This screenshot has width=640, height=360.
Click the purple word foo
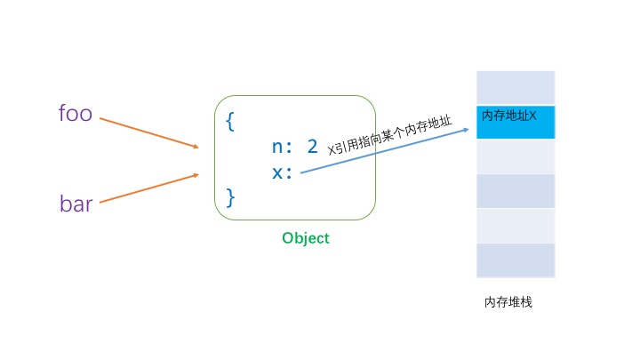[x=76, y=114]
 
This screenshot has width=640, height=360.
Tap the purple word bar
[x=76, y=204]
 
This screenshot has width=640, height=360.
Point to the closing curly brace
[x=230, y=196]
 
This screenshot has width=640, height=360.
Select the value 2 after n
[x=312, y=145]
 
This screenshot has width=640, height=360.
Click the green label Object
[x=305, y=238]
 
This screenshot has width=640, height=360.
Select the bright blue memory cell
[x=516, y=122]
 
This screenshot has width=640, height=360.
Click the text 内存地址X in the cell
[x=508, y=116]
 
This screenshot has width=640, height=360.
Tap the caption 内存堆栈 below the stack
[x=508, y=303]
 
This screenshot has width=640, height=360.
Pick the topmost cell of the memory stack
[x=516, y=87]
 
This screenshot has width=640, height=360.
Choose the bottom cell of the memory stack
[x=516, y=260]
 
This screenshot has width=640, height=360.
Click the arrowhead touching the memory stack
[x=466, y=130]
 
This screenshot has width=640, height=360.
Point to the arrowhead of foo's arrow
[x=195, y=146]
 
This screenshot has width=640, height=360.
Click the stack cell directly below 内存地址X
[x=516, y=156]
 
